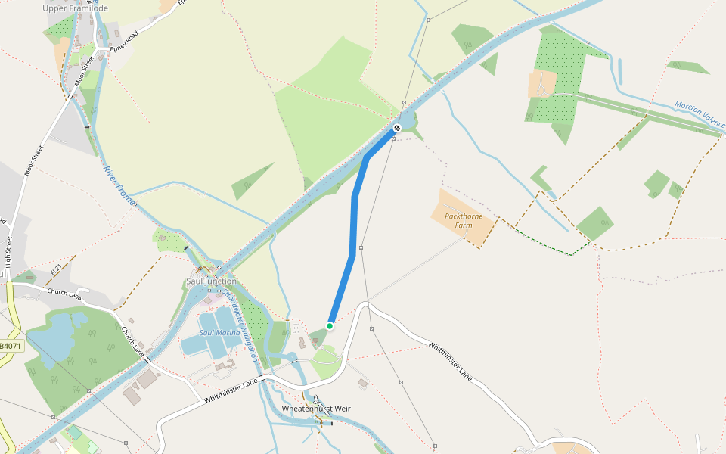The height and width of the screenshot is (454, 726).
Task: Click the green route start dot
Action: (x=330, y=325)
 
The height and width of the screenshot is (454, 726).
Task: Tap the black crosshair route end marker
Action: (x=396, y=129)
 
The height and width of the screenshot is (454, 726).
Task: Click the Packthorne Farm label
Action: (x=464, y=221)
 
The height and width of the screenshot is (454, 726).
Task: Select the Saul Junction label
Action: (x=211, y=281)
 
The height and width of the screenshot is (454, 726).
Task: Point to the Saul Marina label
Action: (x=219, y=333)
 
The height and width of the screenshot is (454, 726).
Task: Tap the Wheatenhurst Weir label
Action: (x=316, y=409)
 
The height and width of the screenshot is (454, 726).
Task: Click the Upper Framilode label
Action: (x=76, y=8)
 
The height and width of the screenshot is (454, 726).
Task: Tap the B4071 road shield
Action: (x=10, y=346)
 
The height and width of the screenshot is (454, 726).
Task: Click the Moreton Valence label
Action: (x=700, y=113)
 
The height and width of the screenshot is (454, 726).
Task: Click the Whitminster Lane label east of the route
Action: (x=450, y=361)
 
